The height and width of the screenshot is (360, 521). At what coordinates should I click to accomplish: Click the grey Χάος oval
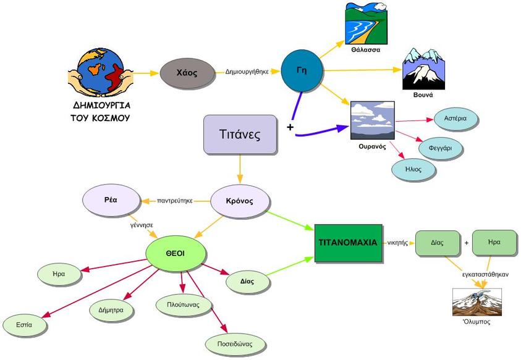click(x=187, y=73)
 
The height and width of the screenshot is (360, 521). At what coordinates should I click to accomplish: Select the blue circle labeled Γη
click(x=302, y=70)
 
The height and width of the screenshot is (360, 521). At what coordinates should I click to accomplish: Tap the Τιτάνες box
click(x=240, y=134)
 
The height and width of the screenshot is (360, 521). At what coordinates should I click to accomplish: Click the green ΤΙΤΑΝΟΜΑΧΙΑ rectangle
click(x=347, y=243)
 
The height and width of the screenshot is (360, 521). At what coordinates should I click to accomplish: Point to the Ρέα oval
click(x=111, y=201)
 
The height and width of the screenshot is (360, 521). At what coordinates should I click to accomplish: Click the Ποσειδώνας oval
click(x=229, y=343)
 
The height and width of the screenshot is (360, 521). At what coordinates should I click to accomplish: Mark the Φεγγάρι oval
click(x=441, y=149)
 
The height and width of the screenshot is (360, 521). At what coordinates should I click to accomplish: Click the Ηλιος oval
click(x=413, y=169)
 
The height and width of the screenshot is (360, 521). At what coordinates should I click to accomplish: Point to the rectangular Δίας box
click(x=438, y=243)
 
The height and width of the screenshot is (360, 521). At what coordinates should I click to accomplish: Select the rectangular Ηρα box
click(x=494, y=243)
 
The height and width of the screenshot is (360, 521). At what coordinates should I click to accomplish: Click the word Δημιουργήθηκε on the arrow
click(x=247, y=72)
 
